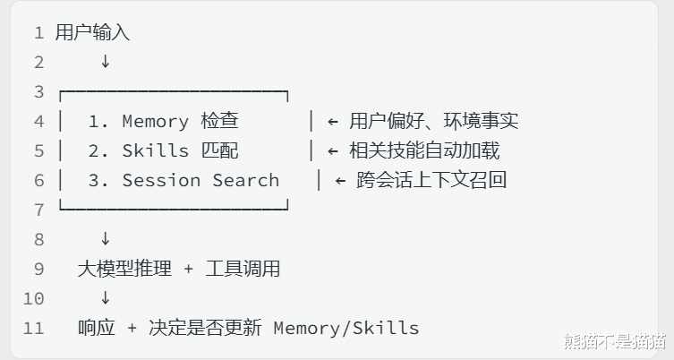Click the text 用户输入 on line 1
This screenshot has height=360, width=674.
coord(92,33)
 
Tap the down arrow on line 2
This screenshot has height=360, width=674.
coord(105,62)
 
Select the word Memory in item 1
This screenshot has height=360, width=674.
coord(155,121)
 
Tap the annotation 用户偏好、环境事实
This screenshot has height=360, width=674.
coord(433,121)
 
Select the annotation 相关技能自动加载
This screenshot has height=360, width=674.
coord(424,150)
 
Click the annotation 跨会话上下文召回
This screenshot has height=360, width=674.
coord(431,180)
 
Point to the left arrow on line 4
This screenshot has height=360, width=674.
coord(332,121)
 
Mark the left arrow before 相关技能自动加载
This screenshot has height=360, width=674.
coord(332,150)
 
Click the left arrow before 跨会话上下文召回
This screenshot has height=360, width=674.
coord(340,180)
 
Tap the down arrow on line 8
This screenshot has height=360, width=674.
coord(105,239)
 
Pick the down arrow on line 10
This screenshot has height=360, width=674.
coord(105,298)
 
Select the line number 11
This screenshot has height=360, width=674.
coord(33,328)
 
